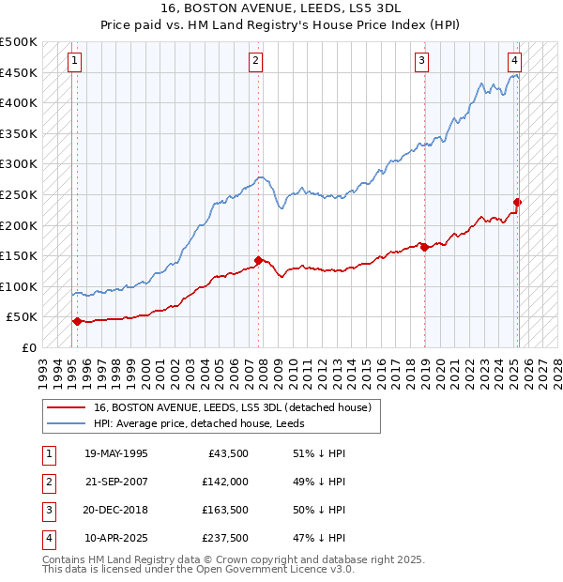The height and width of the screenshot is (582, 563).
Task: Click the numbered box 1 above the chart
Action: click(74, 62)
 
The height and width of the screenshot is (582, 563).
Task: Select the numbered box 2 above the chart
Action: click(255, 62)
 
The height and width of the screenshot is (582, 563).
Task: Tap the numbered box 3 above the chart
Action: click(422, 62)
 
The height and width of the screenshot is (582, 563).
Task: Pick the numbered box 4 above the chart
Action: click(515, 62)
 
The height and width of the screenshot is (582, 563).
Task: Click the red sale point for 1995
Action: click(77, 321)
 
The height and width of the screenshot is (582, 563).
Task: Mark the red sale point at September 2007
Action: click(258, 260)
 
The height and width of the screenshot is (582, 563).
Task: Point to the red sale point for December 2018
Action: click(424, 247)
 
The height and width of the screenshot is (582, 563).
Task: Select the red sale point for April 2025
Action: click(517, 202)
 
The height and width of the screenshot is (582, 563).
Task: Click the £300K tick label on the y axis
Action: click(19, 164)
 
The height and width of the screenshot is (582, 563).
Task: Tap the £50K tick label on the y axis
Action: click(23, 317)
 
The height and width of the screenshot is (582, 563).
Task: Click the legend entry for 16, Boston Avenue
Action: click(233, 407)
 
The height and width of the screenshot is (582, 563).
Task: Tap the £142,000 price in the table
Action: click(225, 482)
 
